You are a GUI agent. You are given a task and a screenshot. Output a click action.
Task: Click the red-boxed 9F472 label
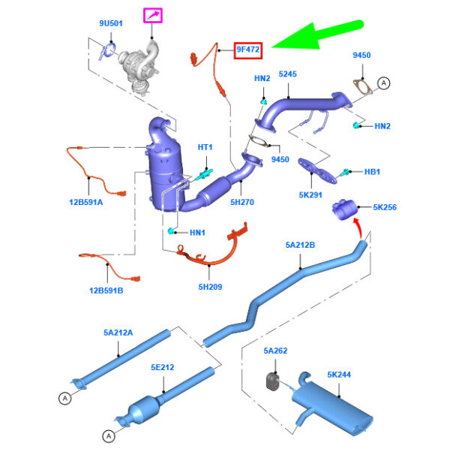tap(248, 50)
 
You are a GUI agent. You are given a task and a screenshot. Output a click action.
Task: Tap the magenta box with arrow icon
tap(154, 15)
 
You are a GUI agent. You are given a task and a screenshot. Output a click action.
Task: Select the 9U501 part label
tap(110, 24)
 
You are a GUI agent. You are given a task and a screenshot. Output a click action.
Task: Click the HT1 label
tap(205, 147)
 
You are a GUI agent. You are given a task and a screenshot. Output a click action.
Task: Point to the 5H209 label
tap(210, 286)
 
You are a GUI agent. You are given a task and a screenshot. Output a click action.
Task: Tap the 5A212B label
tap(300, 245)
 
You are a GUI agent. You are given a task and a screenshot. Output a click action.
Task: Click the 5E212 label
tap(162, 367)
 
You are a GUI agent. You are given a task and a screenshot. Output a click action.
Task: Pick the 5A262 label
tap(275, 351)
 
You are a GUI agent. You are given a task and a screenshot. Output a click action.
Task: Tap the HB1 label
tap(373, 172)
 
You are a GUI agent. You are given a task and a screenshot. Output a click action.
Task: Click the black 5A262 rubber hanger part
tap(274, 381)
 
